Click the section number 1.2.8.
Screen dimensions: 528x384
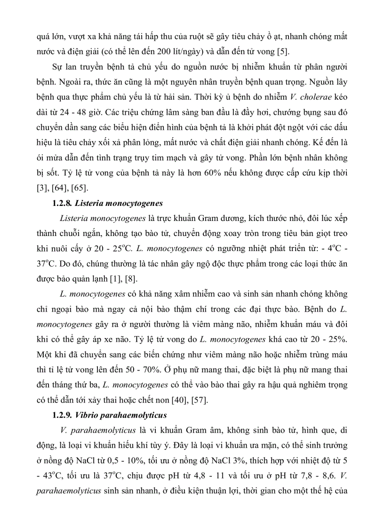tap(61, 203)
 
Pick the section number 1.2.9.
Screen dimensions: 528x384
tap(61, 415)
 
